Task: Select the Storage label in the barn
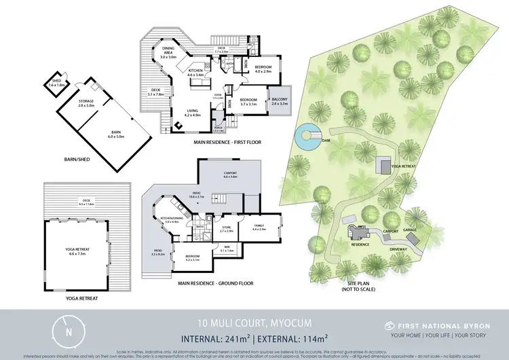tap(86, 103)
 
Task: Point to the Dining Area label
tap(168, 55)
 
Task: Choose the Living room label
tap(193, 113)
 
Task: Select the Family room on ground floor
tap(259, 226)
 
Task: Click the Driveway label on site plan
tap(398, 249)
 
